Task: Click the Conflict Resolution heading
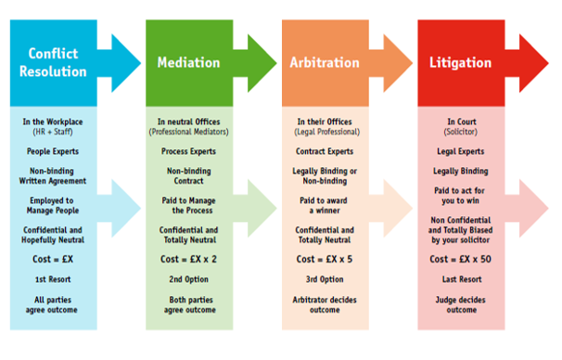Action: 63,62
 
